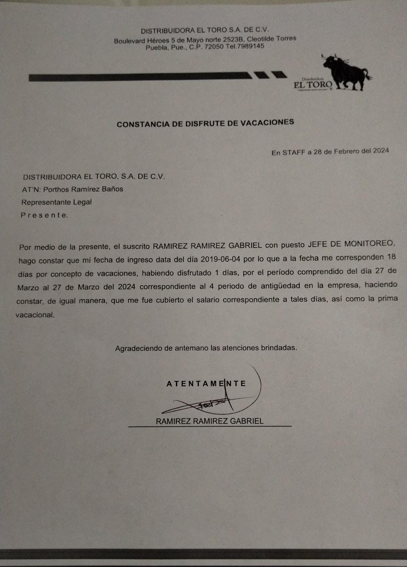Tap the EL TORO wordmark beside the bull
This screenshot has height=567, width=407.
[313, 85]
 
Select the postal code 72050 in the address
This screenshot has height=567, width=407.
[214, 47]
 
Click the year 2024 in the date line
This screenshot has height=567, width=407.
[381, 150]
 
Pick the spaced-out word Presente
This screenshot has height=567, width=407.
[44, 215]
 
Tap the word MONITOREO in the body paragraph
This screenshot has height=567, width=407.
[370, 244]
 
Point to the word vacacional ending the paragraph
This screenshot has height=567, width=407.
[35, 315]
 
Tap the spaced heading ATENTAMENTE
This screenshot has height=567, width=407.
[206, 384]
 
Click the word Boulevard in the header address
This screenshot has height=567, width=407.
[129, 41]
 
